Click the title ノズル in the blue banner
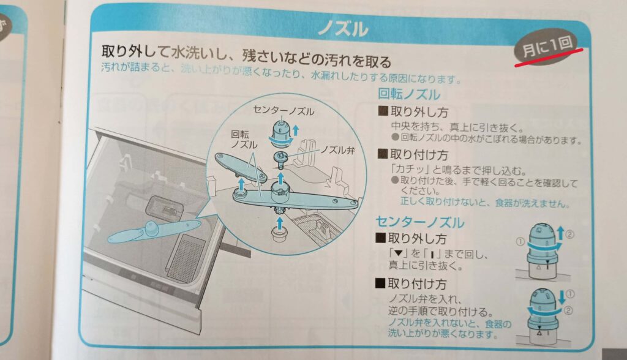click(x=343, y=29)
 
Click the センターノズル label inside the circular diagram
click(x=283, y=111)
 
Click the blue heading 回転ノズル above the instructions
click(x=408, y=94)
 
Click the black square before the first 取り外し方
click(x=383, y=111)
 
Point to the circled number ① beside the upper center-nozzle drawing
click(x=520, y=242)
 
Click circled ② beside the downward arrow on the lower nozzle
click(x=568, y=310)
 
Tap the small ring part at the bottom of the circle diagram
click(x=280, y=233)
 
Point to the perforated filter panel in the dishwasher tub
click(x=186, y=257)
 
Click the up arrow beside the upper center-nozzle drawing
click(x=560, y=233)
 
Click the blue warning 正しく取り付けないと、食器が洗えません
click(x=485, y=203)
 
